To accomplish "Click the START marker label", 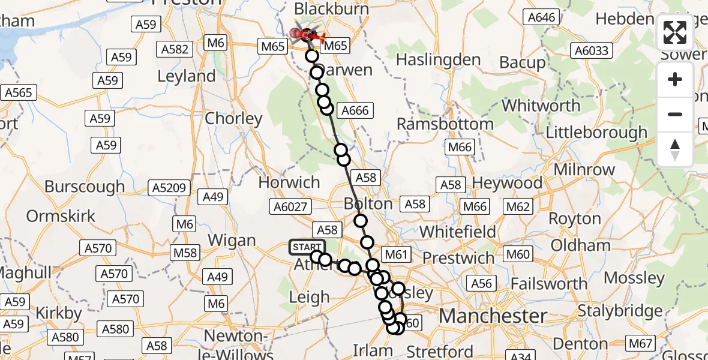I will click(x=307, y=247).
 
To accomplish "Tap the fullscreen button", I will click(x=675, y=33).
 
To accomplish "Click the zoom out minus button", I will click(x=675, y=114).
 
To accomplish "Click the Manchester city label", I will click(x=493, y=316).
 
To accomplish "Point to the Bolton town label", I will click(x=368, y=203).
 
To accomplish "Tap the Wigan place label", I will click(x=232, y=241).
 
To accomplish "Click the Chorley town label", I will click(x=233, y=118).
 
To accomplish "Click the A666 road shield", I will click(x=355, y=110).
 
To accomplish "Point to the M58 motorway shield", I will click(x=185, y=253).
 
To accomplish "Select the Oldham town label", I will click(x=581, y=245).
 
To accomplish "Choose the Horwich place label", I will click(x=289, y=182).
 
